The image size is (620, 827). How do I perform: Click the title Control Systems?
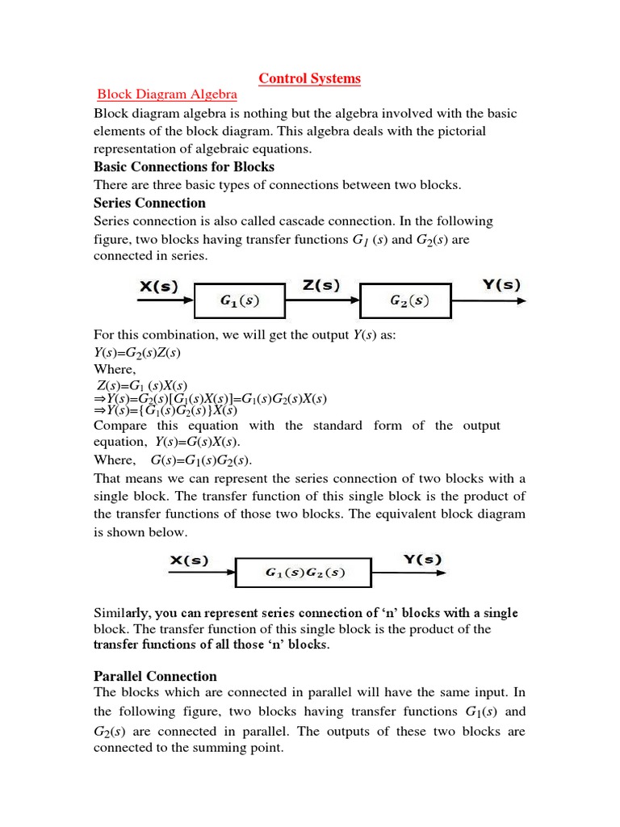coord(309,78)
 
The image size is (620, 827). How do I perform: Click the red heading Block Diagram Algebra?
coord(167,95)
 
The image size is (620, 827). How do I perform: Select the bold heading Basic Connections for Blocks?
coord(184,167)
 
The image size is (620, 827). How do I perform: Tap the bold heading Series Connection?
coord(149,203)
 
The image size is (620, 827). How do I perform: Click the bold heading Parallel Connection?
coord(155,676)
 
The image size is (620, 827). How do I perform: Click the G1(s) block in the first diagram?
coord(240,302)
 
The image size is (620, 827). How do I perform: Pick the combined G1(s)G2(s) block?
coord(304,573)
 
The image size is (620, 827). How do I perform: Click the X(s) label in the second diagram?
coord(189,560)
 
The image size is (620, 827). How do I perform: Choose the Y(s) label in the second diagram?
coord(422,559)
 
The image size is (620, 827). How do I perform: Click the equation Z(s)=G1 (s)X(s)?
coord(142,387)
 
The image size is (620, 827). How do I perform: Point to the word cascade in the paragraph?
coord(316,221)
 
